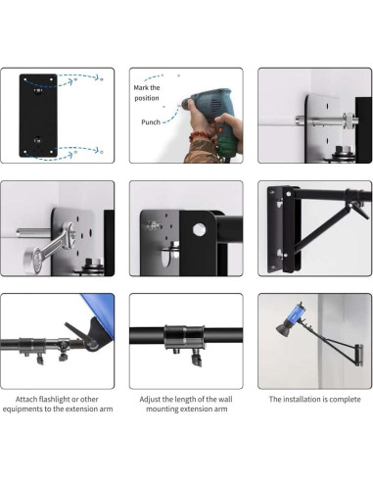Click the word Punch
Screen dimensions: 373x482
151,122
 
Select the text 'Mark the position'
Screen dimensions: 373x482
147,93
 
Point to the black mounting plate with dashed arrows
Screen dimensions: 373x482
38,116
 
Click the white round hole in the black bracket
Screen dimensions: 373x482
198,229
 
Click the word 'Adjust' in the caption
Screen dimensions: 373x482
150,400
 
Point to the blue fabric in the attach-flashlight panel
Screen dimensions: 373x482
100,312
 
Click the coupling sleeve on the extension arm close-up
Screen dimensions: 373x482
184,337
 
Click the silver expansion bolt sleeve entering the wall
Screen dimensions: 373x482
313,120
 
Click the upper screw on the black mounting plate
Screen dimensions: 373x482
38,91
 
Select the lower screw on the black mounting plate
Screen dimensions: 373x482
38,141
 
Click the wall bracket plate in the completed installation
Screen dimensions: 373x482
358,355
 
